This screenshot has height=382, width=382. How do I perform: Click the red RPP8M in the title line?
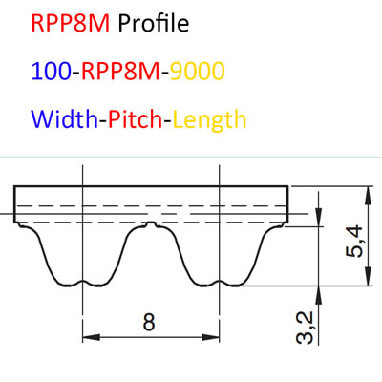[71, 23]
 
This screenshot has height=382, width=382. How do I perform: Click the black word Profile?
[154, 23]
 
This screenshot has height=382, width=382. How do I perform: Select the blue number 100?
[51, 71]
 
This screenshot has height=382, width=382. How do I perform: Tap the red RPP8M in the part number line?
[120, 71]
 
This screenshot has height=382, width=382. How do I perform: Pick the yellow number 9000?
[198, 71]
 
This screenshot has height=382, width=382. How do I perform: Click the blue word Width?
[64, 118]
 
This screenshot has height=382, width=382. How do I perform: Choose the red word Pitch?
[136, 118]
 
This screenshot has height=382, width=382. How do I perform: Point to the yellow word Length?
[210, 119]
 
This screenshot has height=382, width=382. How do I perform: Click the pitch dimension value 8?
[149, 322]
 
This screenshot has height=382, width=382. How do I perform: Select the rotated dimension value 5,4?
[354, 241]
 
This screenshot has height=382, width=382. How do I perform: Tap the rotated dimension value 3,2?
[305, 328]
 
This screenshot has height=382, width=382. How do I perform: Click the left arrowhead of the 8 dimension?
[92, 337]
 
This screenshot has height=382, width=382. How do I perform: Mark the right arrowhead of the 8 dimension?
[211, 337]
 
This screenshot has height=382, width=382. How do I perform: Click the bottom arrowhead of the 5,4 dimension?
[369, 276]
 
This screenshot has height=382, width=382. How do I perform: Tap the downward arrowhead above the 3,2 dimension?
[319, 218]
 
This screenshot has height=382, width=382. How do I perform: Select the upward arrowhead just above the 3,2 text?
[319, 295]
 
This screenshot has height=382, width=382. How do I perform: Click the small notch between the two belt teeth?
[152, 224]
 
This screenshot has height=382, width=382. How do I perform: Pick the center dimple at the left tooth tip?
[83, 282]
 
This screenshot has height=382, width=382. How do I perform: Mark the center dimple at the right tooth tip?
[220, 282]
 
